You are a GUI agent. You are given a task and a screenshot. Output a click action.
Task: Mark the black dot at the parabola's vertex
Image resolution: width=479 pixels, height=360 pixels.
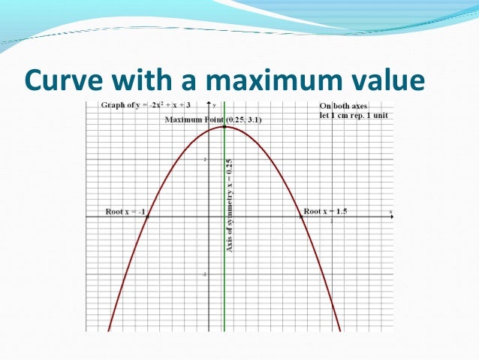click(x=224, y=126)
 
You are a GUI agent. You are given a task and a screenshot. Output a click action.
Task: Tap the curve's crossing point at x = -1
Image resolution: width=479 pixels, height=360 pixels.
click(x=147, y=216)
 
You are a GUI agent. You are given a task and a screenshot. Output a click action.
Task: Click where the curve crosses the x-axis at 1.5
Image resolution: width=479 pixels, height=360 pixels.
click(x=301, y=216)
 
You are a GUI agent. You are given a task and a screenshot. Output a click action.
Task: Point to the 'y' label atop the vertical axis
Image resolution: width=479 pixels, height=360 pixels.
click(x=215, y=104)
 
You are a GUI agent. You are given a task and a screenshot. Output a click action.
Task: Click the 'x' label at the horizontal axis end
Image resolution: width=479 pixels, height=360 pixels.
click(x=390, y=212)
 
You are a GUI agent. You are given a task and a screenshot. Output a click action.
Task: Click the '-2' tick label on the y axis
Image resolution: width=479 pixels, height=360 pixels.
click(x=204, y=275)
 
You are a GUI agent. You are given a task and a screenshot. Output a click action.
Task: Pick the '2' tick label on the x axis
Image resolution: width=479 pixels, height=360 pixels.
click(x=332, y=221)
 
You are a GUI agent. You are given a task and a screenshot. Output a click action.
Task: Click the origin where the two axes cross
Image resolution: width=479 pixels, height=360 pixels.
click(x=209, y=216)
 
